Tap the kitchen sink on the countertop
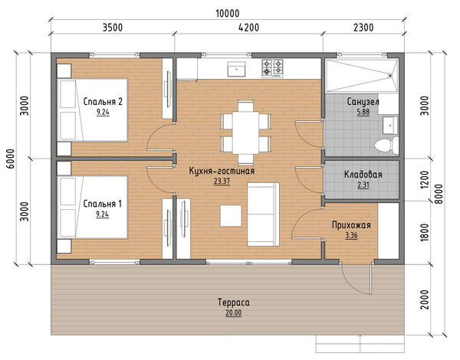[x=236, y=69]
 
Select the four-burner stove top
[x=272, y=68]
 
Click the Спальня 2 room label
[x=103, y=101]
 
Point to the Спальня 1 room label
[x=103, y=204]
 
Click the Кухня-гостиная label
[x=222, y=171]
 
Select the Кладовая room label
[x=363, y=175]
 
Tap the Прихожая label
[x=351, y=225]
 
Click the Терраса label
[x=234, y=303]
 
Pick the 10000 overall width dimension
[x=228, y=13]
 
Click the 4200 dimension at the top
[x=248, y=28]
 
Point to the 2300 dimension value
[x=363, y=28]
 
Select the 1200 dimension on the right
[x=425, y=179]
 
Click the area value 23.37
[x=222, y=182]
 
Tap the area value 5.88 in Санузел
[x=363, y=112]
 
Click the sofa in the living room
[x=263, y=214]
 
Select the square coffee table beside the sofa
[x=231, y=215]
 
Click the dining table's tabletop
[x=246, y=133]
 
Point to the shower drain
[x=390, y=75]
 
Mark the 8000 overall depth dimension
[x=439, y=194]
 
